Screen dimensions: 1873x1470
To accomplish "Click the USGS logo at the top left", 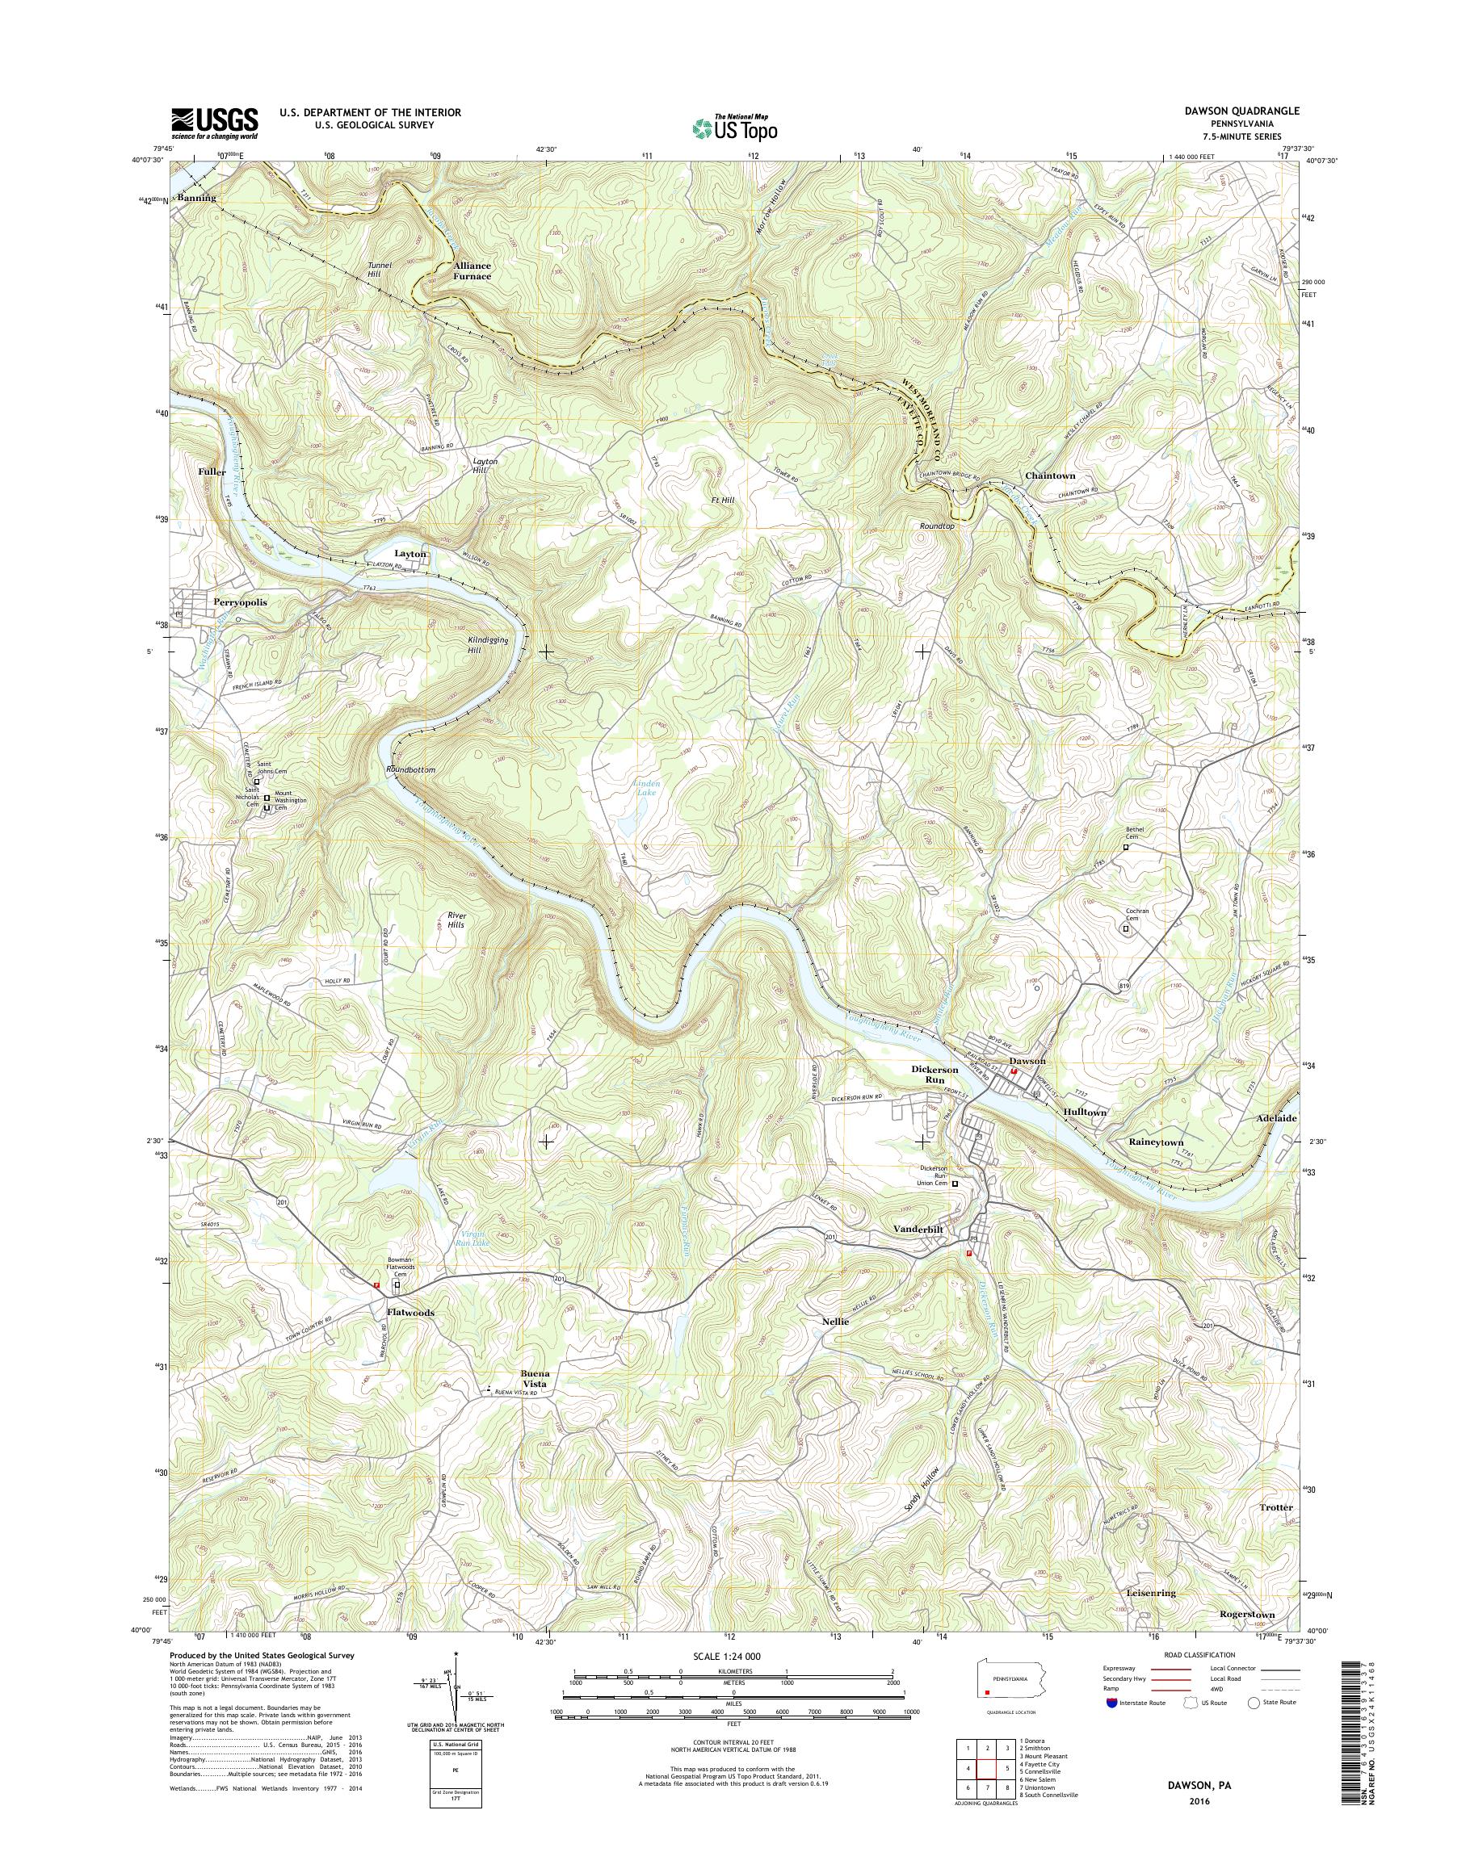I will tap(214, 123).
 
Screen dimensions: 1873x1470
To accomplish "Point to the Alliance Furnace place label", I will tap(472, 271).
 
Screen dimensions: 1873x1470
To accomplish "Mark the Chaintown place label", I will tap(1050, 475).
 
